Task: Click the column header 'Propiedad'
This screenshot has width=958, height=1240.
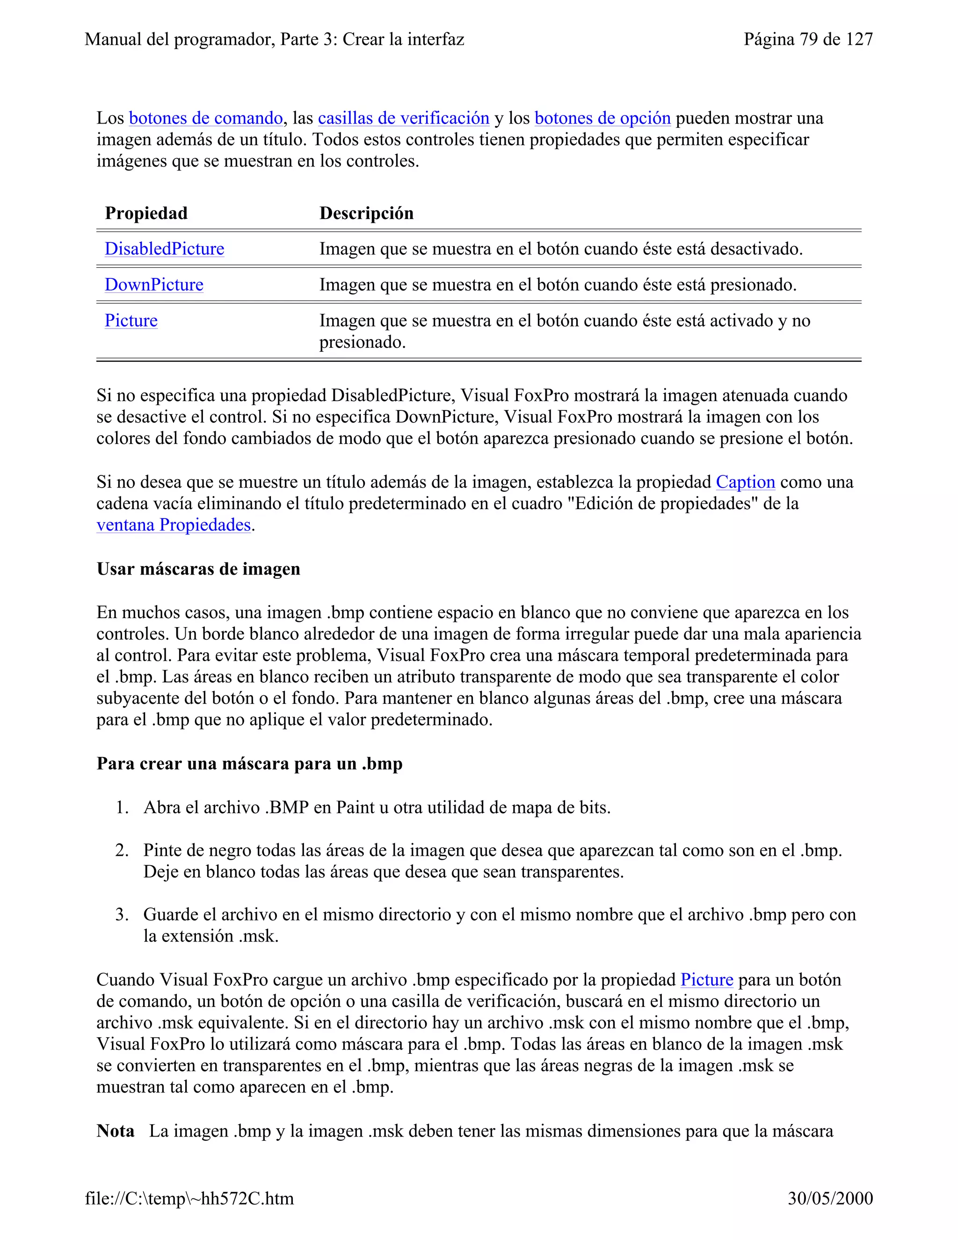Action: point(146,213)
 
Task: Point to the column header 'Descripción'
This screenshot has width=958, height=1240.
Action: point(366,213)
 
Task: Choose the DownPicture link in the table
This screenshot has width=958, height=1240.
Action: point(154,284)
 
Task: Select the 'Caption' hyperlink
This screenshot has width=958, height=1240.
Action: point(745,482)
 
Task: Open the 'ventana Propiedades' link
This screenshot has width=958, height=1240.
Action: point(173,525)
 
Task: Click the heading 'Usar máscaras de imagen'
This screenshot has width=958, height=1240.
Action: point(198,569)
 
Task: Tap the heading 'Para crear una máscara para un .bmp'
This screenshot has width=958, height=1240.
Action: point(249,764)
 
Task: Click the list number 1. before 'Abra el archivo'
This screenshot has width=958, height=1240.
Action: point(122,807)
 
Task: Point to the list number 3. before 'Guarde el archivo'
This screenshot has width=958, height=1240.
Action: point(122,914)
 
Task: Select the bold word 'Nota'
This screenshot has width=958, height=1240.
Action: point(115,1131)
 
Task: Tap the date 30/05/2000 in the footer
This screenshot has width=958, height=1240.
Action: point(830,1198)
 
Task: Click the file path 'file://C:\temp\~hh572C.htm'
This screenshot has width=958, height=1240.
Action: point(189,1198)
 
